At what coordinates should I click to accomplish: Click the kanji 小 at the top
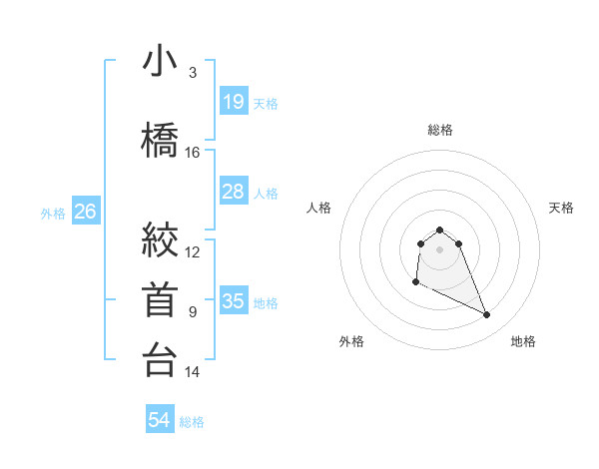point(160,61)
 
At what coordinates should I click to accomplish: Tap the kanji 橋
point(160,139)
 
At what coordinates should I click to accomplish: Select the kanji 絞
point(160,238)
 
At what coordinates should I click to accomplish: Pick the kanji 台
point(160,360)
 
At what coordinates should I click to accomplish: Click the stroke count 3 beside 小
point(192,73)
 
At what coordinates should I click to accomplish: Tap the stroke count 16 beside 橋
point(193,153)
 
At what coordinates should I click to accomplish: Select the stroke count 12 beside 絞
point(193,252)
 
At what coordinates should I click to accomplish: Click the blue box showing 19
point(233,102)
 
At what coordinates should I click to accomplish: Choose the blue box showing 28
point(233,192)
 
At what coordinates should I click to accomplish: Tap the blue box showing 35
point(233,301)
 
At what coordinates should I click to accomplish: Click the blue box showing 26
point(85,212)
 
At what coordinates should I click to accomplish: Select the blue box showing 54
point(159,421)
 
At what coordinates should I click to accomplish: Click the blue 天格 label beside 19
point(266,103)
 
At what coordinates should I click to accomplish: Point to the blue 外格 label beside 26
point(53,213)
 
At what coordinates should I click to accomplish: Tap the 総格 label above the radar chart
point(439,130)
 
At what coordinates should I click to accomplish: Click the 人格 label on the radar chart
point(318,208)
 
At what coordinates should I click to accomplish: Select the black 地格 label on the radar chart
point(523,342)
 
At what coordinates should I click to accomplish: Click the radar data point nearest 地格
point(487,315)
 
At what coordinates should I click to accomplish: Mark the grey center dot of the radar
point(439,248)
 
